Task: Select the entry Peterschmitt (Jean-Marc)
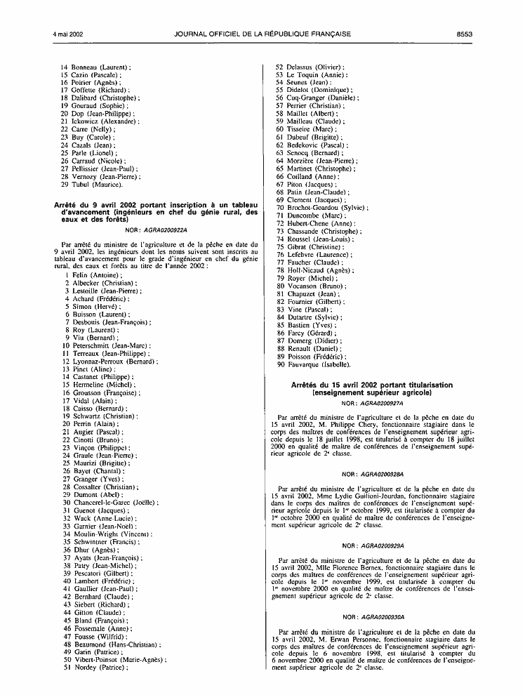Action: click(x=112, y=345)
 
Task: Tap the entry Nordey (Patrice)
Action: click(x=100, y=668)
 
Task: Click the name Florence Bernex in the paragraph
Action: click(x=363, y=567)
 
